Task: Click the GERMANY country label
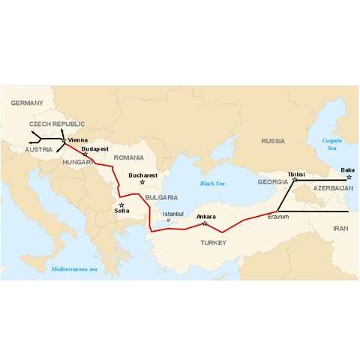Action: pyautogui.click(x=27, y=103)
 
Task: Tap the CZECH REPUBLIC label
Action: pyautogui.click(x=57, y=124)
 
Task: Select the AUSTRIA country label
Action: pyautogui.click(x=38, y=149)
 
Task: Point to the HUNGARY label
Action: pyautogui.click(x=79, y=161)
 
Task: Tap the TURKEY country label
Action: pyautogui.click(x=214, y=243)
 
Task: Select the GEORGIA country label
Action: pyautogui.click(x=272, y=181)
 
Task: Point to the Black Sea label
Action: pyautogui.click(x=213, y=183)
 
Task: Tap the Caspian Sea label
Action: pyautogui.click(x=331, y=144)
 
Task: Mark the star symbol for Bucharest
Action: pyautogui.click(x=142, y=183)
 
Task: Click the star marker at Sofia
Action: pyautogui.click(x=122, y=204)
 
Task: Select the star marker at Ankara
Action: pyautogui.click(x=205, y=223)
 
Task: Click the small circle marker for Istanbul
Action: pyautogui.click(x=168, y=220)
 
